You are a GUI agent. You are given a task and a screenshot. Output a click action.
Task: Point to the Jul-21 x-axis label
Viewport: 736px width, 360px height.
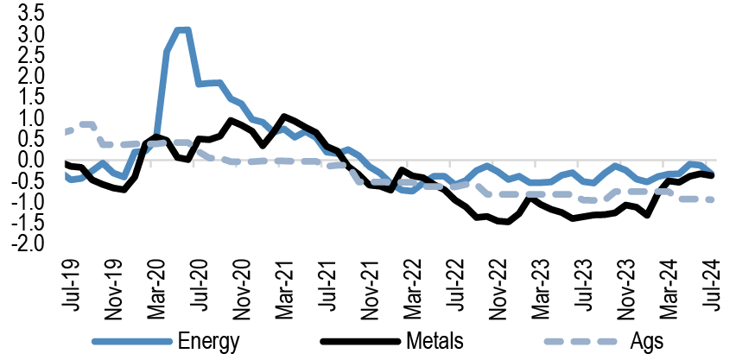[326, 280]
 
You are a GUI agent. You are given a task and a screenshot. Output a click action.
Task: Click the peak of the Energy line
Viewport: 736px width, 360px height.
[182, 30]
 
